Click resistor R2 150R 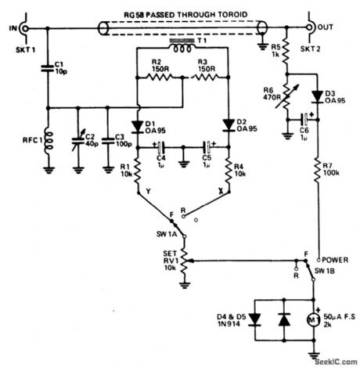click(x=156, y=78)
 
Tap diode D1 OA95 click(x=136, y=128)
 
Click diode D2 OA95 click(x=228, y=125)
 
